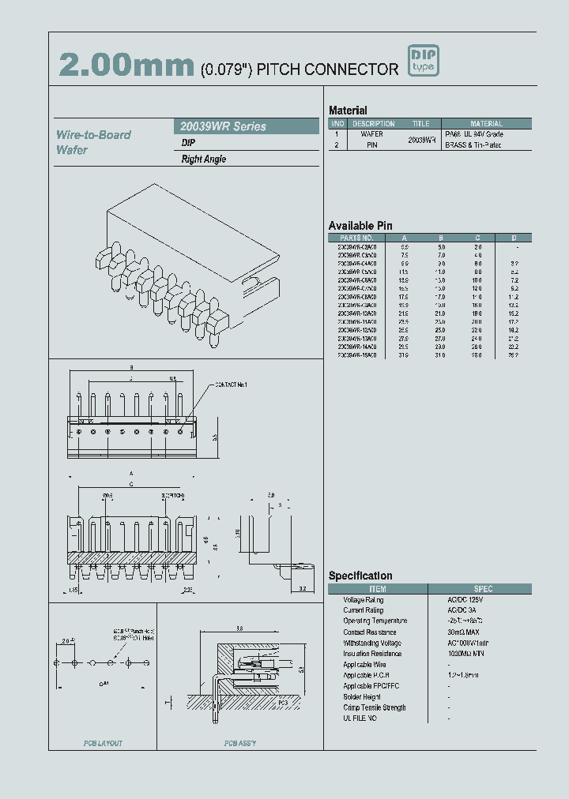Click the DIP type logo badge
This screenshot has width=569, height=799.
tap(423, 62)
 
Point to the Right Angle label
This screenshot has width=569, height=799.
tap(204, 159)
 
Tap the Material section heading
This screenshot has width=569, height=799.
tap(348, 111)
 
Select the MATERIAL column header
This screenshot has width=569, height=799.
tap(486, 124)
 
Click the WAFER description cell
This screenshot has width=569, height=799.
tap(372, 134)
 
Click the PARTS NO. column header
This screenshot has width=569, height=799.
tap(357, 238)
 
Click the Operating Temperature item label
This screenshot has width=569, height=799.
tap(375, 621)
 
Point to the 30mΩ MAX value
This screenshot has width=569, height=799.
tap(464, 632)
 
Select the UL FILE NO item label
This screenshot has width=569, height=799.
tap(360, 718)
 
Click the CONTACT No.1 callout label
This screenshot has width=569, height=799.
tap(230, 384)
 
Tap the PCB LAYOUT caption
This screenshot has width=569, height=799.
tap(103, 744)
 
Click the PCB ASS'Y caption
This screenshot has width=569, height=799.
tap(239, 744)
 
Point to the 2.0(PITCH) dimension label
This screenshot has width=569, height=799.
tap(172, 496)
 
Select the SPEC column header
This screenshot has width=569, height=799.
tap(483, 589)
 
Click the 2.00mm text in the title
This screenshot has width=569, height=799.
tap(126, 66)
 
